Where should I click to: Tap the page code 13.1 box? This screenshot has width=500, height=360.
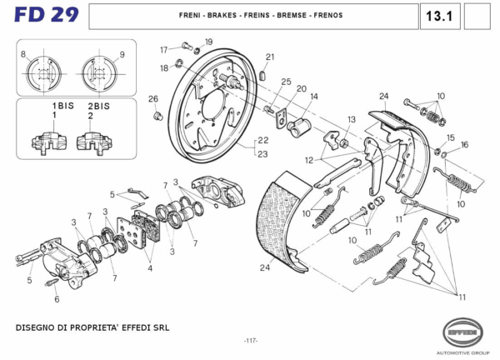(437, 16)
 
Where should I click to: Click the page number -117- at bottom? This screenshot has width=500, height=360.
(250, 340)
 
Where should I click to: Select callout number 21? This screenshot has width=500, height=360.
(270, 57)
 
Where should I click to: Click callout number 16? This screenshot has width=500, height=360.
(465, 144)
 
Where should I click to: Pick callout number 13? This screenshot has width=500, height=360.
(352, 119)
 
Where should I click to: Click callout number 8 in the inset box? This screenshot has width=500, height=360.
(23, 54)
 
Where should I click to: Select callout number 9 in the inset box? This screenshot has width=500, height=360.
(122, 54)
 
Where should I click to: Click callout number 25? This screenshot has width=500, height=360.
(286, 82)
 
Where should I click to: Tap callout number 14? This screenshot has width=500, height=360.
(314, 97)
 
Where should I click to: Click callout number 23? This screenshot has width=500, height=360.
(263, 153)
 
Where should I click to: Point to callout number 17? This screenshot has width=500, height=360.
(164, 49)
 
